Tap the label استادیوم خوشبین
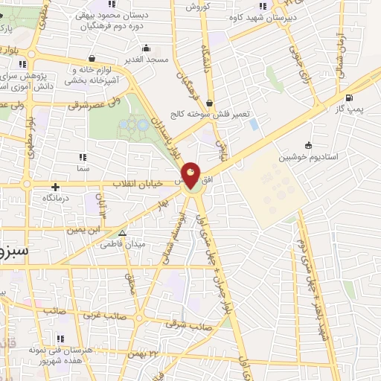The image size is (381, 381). tap(308, 158)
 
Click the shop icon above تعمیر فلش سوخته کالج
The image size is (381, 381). tap(209, 103)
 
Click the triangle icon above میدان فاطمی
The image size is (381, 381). tap(123, 232)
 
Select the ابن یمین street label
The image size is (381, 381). tap(83, 230)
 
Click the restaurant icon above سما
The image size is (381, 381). tap(82, 157)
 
